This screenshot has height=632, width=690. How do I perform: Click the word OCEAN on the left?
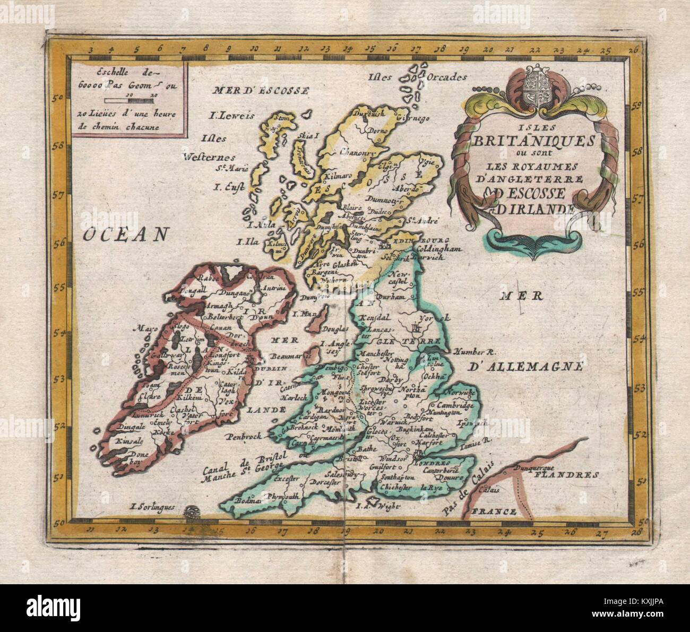[x=122, y=234]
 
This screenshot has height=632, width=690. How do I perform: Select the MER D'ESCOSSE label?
[x=260, y=91]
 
